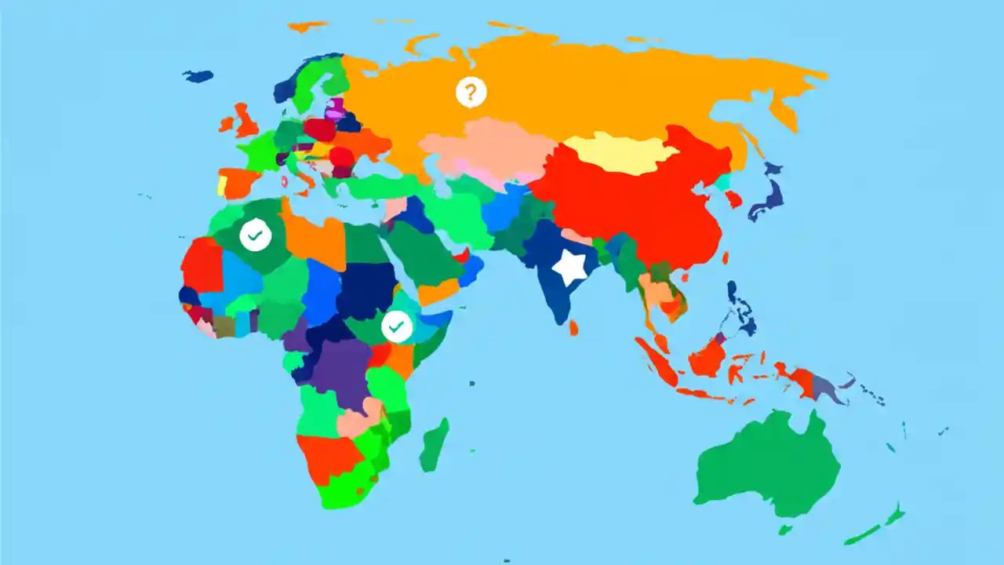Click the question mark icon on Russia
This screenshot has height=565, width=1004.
471,93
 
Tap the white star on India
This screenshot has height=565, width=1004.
569,268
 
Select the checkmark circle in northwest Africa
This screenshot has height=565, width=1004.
256,235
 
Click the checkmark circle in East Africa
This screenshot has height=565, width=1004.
397,326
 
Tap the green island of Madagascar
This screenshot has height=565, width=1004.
434,445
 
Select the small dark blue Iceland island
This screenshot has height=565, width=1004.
198,76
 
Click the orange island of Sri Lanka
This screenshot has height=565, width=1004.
573,327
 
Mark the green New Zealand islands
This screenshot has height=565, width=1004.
878,526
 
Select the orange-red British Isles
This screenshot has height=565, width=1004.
245,121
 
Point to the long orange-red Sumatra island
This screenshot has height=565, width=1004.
657,362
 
